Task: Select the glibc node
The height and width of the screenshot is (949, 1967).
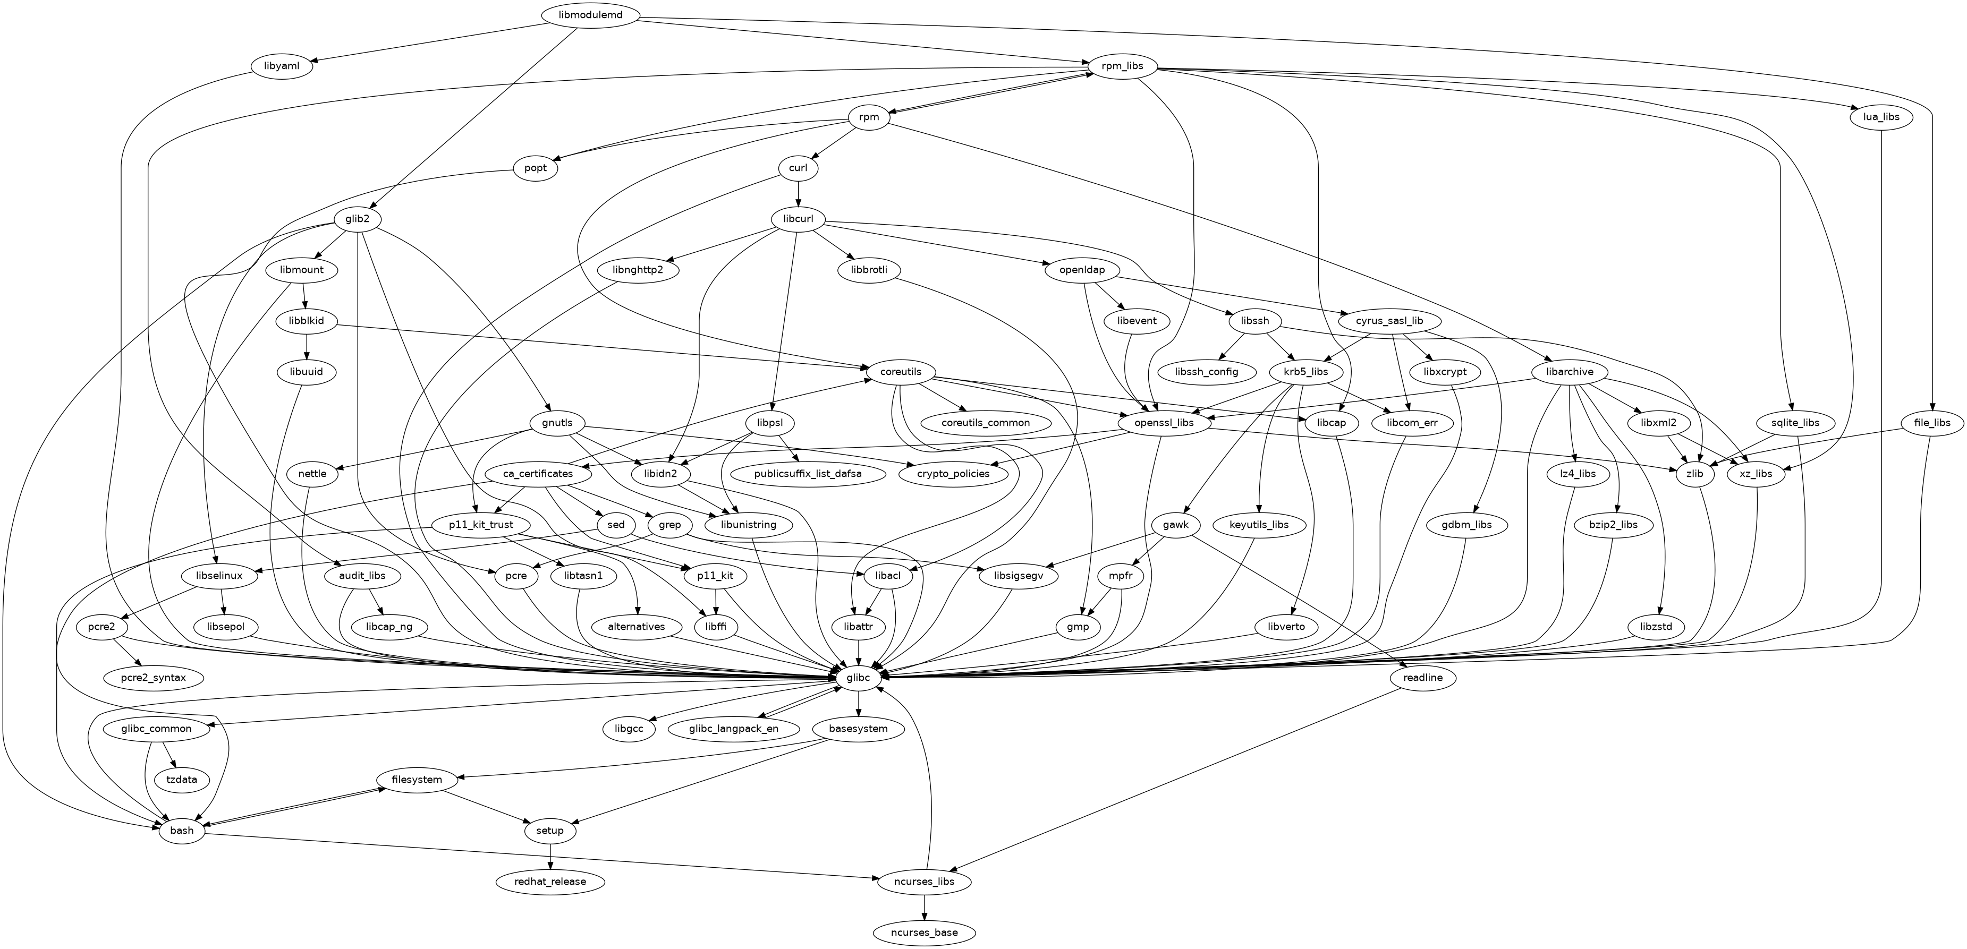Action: click(x=859, y=677)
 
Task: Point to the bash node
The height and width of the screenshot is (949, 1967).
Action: click(x=182, y=831)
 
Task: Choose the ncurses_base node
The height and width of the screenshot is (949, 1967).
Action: click(x=924, y=932)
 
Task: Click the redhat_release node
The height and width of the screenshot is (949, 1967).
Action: click(x=550, y=882)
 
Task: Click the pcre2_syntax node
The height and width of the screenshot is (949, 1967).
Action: click(x=154, y=677)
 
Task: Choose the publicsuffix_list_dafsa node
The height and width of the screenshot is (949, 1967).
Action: click(x=807, y=473)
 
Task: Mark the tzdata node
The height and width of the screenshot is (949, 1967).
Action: click(x=181, y=780)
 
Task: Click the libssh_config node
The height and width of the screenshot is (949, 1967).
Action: click(x=1207, y=372)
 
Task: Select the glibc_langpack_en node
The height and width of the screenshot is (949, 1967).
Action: click(x=734, y=729)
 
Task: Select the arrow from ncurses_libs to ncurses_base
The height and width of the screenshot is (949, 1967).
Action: click(x=925, y=907)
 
